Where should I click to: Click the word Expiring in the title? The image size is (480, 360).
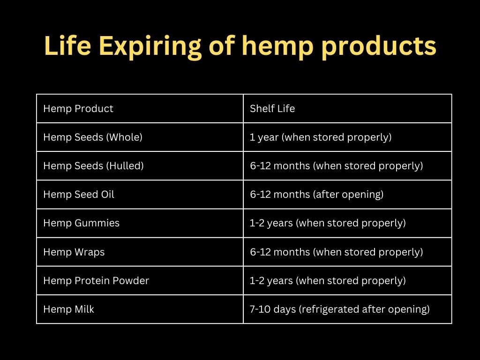coord(150,46)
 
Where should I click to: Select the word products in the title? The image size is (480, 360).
coord(379,46)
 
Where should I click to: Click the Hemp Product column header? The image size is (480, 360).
coord(78,109)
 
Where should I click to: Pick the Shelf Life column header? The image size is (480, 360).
coord(272,108)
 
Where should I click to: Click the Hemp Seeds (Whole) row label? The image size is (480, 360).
coord(93,137)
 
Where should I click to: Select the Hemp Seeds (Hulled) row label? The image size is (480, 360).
coord(93,166)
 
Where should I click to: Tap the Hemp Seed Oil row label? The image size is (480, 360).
coord(79,195)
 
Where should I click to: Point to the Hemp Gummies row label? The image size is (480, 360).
coord(81,223)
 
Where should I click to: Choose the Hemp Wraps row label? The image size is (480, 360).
coord(74,252)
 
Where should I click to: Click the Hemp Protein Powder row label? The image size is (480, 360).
coord(96,281)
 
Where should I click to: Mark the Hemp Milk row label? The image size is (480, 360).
coord(68,309)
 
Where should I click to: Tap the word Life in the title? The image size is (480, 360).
coord(67,46)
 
